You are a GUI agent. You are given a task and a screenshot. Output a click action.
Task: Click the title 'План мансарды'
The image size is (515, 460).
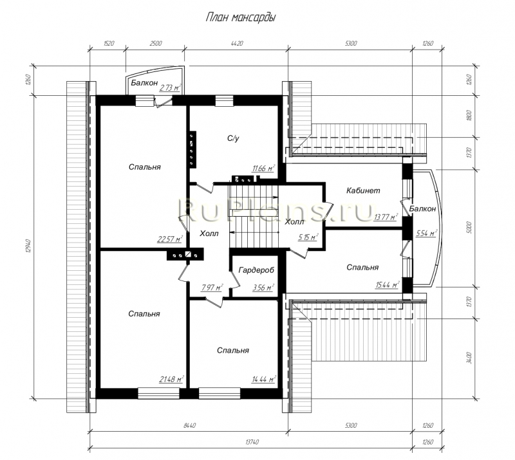pyautogui.click(x=240, y=18)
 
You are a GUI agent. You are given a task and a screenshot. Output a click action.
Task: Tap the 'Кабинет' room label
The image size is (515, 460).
pyautogui.click(x=363, y=190)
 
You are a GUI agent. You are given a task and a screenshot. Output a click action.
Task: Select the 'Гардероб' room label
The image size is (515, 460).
pyautogui.click(x=256, y=270)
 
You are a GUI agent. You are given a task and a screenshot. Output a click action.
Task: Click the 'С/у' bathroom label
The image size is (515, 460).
pyautogui.click(x=234, y=138)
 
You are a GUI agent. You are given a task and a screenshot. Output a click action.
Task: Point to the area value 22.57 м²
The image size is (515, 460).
pyautogui.click(x=170, y=239)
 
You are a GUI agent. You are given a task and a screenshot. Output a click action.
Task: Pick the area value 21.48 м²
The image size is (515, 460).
pyautogui.click(x=171, y=379)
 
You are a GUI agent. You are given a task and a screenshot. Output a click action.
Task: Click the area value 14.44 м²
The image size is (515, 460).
pyautogui.click(x=263, y=379)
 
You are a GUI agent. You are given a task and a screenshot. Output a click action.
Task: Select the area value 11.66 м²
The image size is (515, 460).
pyautogui.click(x=263, y=169)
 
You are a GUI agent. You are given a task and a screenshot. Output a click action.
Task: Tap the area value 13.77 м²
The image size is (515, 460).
pyautogui.click(x=386, y=217)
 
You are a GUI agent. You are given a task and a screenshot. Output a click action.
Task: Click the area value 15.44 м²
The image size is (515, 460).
pyautogui.click(x=388, y=284)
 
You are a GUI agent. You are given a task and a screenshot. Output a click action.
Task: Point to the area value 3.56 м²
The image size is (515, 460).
pyautogui.click(x=263, y=288)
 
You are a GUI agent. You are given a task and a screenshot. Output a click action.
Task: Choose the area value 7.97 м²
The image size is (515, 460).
pyautogui.click(x=212, y=288)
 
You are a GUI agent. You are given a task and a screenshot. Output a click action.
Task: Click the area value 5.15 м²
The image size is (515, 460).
pyautogui.click(x=308, y=237)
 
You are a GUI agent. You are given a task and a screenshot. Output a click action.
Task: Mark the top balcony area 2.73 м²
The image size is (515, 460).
pyautogui.click(x=171, y=87)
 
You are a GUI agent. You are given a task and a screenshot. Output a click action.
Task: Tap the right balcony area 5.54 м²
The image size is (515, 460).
pyautogui.click(x=427, y=233)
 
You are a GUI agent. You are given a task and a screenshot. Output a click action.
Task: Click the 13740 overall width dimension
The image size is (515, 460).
pyautogui.click(x=252, y=442)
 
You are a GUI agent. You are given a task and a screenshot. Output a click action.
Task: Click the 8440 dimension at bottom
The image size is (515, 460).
pyautogui.click(x=189, y=425)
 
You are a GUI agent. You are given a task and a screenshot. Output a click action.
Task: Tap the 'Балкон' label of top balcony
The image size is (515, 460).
pyautogui.click(x=144, y=83)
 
